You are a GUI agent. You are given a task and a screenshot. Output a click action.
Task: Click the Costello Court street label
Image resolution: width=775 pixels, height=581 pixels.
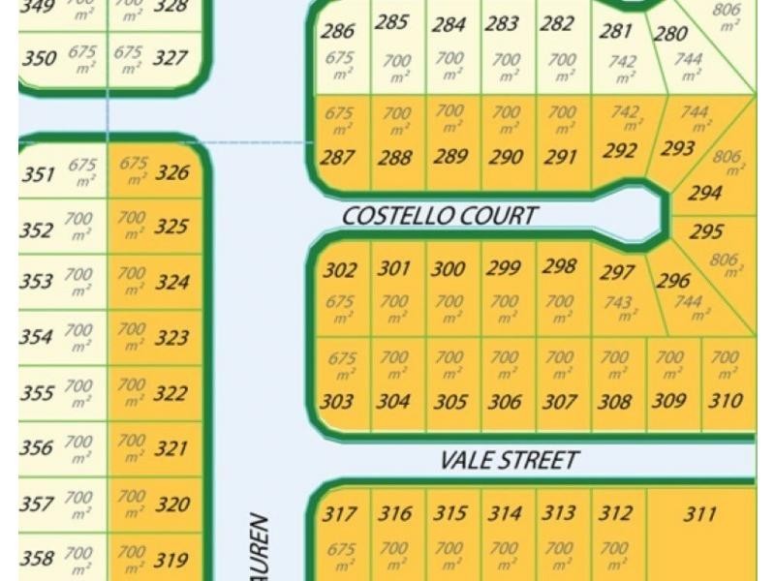point(439,215)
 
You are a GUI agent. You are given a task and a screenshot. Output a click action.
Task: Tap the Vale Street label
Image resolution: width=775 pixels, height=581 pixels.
point(510,459)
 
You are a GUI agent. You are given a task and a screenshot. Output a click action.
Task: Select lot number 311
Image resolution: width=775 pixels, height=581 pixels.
point(699,514)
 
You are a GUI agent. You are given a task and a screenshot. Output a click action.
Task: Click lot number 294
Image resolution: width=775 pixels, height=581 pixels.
point(704,193)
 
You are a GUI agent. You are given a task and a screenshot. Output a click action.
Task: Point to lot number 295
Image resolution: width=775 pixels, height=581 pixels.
point(705,232)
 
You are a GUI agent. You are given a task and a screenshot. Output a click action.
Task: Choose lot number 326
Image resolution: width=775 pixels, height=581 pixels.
point(171,173)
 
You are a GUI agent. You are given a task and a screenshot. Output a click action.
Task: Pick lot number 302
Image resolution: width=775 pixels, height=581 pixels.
point(339,271)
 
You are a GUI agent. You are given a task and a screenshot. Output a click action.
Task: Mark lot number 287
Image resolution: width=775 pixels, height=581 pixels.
point(337,157)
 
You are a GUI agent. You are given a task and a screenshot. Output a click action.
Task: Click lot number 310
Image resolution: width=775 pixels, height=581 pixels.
point(726,400)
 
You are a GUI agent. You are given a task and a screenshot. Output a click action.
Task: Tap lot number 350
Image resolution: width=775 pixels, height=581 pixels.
point(39,58)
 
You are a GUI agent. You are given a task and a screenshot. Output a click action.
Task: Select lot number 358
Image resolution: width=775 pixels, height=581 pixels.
point(37,559)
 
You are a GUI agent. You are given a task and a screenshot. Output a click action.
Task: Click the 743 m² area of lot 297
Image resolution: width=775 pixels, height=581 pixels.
point(618,308)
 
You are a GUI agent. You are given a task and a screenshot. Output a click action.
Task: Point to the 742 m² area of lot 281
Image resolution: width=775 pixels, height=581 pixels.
point(622,68)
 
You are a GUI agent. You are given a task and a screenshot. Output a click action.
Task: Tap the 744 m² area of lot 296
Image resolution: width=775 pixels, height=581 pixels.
point(688,307)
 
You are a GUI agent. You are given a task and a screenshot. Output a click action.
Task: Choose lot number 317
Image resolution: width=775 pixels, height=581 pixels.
point(339,514)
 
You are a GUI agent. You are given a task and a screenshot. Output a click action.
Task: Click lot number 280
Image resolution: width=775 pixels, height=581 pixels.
point(670,35)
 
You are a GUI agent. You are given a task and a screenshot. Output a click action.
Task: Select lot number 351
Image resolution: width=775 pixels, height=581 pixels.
point(38,174)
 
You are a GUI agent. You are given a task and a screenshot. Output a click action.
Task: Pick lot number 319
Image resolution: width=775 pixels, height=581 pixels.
point(170,559)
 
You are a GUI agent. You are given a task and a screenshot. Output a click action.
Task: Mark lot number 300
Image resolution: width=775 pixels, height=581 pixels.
point(448,269)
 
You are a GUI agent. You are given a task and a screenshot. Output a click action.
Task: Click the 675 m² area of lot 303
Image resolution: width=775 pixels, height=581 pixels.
point(341,364)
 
